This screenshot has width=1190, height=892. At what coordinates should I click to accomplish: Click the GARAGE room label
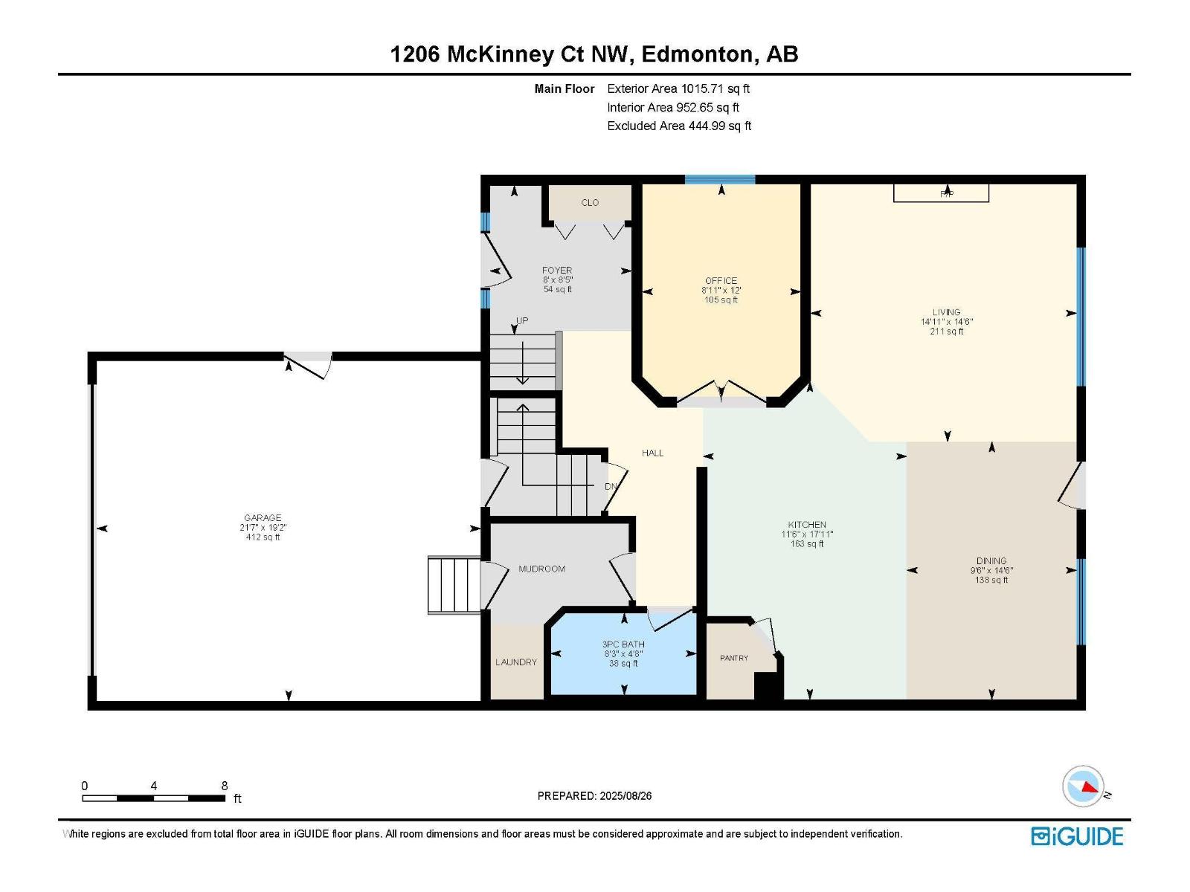[x=263, y=518]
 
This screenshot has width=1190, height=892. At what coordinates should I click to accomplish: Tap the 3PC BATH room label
[x=623, y=644]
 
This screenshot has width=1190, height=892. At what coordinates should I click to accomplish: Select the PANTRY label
[x=733, y=658]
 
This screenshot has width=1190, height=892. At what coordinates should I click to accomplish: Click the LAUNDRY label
[x=515, y=662]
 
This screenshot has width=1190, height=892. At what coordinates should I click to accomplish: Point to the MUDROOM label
[x=541, y=569]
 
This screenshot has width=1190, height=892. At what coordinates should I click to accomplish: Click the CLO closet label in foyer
[x=590, y=202]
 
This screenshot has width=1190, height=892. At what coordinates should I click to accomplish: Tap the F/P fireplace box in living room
[x=941, y=193]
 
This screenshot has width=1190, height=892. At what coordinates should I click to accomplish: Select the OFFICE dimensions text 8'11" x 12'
[x=721, y=291]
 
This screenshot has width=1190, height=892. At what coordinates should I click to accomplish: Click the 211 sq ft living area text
[x=947, y=332]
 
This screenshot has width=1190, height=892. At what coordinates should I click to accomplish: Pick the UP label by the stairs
[x=522, y=320]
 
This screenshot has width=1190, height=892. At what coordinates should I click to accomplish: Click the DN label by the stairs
[x=611, y=486]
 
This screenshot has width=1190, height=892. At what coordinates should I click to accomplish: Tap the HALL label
[x=652, y=453]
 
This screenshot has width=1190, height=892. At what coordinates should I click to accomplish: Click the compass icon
[x=1083, y=786]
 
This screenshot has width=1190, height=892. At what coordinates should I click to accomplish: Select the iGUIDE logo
[x=1077, y=836]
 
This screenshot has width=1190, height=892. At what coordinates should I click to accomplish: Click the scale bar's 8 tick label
[x=225, y=786]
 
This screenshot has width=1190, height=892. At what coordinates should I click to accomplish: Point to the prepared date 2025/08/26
[x=625, y=795]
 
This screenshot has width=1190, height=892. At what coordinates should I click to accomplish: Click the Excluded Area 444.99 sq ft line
[x=678, y=126]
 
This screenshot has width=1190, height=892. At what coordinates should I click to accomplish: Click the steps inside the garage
[x=454, y=585]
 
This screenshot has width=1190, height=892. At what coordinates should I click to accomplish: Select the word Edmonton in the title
[x=696, y=54]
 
